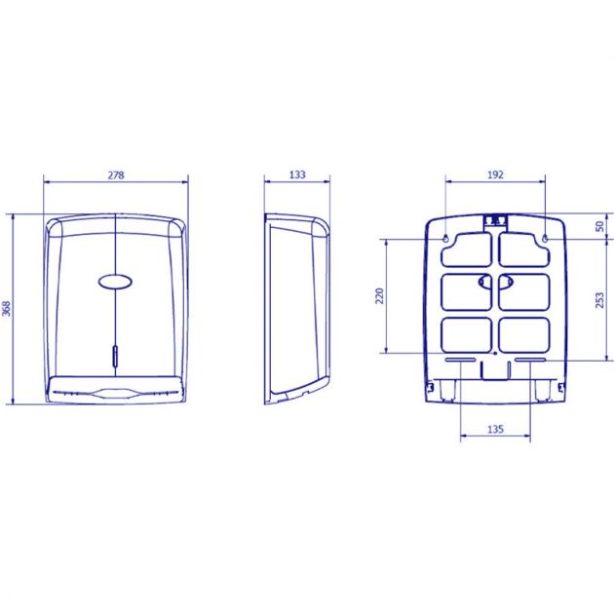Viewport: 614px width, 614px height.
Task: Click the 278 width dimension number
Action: click(x=115, y=175)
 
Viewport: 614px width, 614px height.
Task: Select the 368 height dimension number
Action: click(x=8, y=308)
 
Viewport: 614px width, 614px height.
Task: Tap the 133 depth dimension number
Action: click(x=297, y=175)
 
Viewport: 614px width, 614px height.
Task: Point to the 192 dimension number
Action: click(x=494, y=175)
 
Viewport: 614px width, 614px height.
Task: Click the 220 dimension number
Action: click(x=381, y=294)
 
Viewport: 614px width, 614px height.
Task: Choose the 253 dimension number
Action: click(x=599, y=299)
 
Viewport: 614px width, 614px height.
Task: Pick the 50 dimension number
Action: click(x=599, y=226)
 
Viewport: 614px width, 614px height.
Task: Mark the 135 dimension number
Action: click(x=494, y=427)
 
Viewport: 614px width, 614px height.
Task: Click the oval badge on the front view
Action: click(x=115, y=282)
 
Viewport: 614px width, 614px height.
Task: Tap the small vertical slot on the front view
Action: click(x=115, y=356)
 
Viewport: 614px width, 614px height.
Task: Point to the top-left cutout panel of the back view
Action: click(x=467, y=249)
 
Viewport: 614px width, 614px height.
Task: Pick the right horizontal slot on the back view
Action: click(x=530, y=361)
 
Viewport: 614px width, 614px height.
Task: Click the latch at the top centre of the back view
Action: click(x=495, y=219)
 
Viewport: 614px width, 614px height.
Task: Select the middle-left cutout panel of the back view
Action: click(x=467, y=291)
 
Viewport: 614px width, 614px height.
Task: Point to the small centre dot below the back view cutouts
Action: click(x=495, y=352)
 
